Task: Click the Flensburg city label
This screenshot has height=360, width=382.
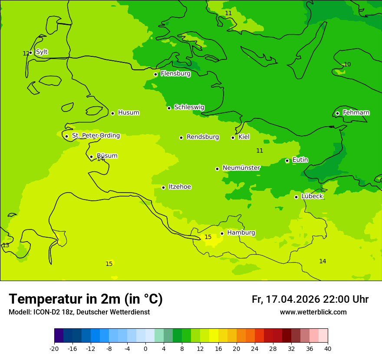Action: (175, 74)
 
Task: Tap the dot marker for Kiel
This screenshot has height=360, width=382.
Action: (233, 137)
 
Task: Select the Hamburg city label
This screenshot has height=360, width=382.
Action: (241, 233)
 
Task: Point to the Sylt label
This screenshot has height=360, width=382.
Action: (42, 52)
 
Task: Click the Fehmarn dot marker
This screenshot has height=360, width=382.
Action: (338, 113)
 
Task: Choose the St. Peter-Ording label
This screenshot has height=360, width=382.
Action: (95, 136)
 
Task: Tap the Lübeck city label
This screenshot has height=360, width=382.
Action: (312, 196)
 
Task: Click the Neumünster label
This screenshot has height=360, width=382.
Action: (241, 168)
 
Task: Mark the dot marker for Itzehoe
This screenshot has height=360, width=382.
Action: (163, 187)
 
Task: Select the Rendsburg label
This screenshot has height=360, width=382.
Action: (202, 137)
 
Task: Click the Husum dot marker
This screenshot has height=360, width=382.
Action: (112, 113)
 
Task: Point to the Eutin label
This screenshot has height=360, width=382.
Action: (300, 160)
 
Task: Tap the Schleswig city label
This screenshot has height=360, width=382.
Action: (189, 107)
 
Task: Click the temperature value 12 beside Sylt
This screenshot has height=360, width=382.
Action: (26, 53)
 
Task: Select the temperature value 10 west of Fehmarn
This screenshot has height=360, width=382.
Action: (347, 65)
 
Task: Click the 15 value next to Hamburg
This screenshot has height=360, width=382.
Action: (208, 237)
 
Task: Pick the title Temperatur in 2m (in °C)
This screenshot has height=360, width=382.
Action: (86, 299)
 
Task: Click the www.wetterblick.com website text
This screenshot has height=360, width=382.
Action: (313, 312)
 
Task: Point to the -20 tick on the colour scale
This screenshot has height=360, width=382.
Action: (54, 349)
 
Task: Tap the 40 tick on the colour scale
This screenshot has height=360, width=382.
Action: (328, 349)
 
